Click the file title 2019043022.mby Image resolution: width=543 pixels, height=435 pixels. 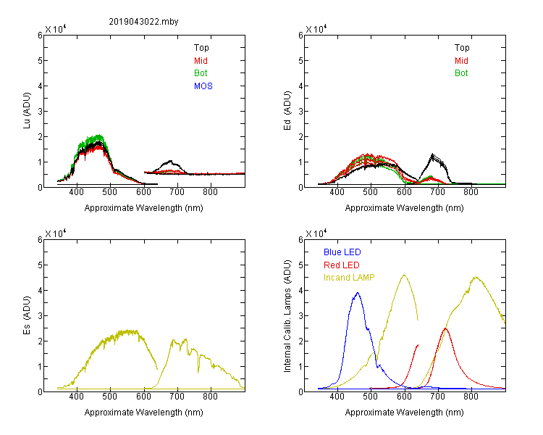click(143, 22)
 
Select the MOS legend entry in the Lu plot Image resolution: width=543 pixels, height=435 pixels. click(203, 86)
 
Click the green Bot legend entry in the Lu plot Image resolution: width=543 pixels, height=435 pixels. click(201, 73)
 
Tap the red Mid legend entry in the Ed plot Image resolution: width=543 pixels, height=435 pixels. click(461, 61)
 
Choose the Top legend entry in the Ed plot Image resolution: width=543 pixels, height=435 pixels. click(462, 48)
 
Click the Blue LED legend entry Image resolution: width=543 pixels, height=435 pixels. click(342, 252)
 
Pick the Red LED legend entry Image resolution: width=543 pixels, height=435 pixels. click(342, 265)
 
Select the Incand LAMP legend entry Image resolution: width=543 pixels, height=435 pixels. click(349, 278)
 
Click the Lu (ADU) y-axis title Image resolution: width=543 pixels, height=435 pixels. click(27, 111)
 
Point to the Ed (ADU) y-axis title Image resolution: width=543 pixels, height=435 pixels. click(287, 111)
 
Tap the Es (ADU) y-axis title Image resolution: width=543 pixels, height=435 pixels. click(27, 315)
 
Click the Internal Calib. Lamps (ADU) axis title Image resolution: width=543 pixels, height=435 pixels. click(287, 316)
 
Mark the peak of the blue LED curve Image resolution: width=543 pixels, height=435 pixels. click(358, 293)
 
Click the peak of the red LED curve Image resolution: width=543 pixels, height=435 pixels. click(445, 328)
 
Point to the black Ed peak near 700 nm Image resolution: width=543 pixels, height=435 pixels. click(432, 154)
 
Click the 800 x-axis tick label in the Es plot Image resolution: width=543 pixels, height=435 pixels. click(210, 396)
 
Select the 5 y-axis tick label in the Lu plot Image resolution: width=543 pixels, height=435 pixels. click(40, 61)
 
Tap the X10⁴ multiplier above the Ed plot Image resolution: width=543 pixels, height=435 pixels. click(316, 29)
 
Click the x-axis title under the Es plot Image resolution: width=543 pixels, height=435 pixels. click(144, 413)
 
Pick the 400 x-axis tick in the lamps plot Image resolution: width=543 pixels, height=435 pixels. click(337, 396)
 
